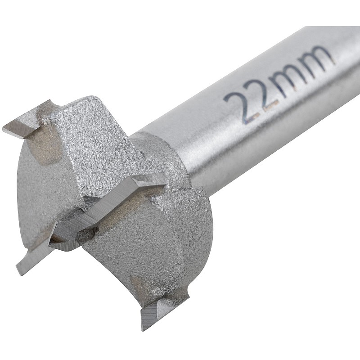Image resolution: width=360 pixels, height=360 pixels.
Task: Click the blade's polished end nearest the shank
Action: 149,181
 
